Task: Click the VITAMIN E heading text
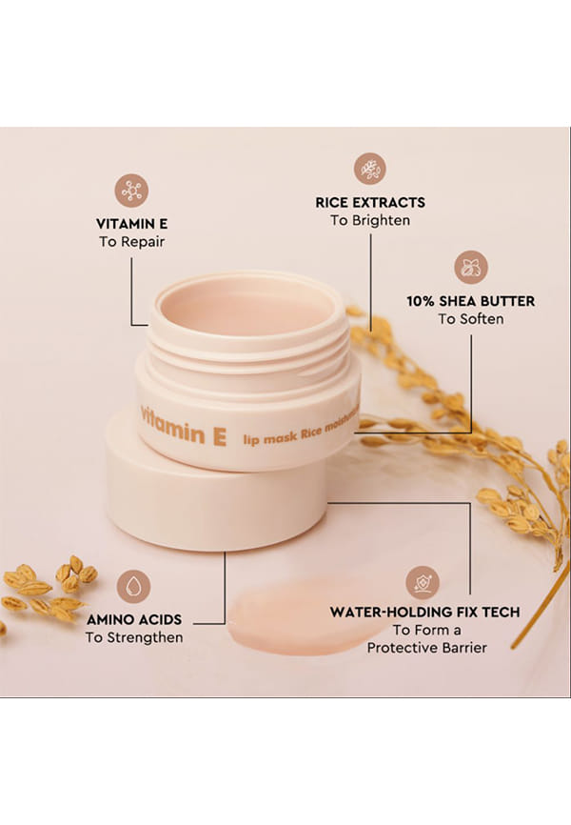(x=132, y=224)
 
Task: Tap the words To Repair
(x=132, y=242)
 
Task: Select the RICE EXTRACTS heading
(x=370, y=203)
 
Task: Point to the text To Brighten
(x=370, y=220)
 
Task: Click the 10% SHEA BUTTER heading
(x=470, y=301)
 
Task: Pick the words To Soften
(x=471, y=319)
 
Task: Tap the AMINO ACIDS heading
(x=134, y=620)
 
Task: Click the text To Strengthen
(x=134, y=637)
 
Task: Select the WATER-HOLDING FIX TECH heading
(x=424, y=613)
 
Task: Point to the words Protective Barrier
(x=427, y=648)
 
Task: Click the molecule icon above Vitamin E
(x=131, y=191)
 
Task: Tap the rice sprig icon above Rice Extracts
(x=370, y=169)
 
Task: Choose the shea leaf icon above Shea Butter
(x=471, y=268)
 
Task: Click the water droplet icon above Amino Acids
(x=133, y=587)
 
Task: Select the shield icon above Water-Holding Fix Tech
(x=423, y=582)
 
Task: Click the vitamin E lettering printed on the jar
(x=184, y=428)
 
